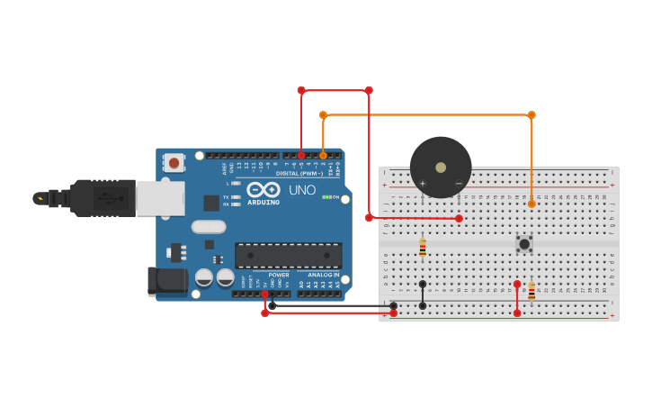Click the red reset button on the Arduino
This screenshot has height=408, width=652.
coord(174,163)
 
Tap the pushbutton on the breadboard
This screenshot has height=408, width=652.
coord(523,243)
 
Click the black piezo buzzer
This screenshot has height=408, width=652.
coord(441,167)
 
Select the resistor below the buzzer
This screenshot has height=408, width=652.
coord(423,248)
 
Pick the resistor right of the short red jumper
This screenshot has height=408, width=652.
coord(531,291)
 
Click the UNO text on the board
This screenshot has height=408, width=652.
coord(302,190)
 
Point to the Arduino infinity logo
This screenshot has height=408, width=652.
coord(263,190)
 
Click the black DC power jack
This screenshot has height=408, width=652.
coord(167,280)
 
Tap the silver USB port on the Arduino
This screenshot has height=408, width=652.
coord(160,198)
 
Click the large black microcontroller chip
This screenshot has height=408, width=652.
coord(288,255)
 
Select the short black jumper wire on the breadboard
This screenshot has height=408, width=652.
coord(423,295)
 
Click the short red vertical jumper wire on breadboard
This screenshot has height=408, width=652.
coord(517,298)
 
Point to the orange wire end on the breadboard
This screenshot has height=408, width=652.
coord(531,204)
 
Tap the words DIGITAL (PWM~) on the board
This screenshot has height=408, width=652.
coord(299,173)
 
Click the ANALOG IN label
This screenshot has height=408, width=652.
coord(323,275)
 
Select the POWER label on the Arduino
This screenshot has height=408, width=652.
coord(279,275)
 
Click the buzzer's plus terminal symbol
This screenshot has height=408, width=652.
coord(422,184)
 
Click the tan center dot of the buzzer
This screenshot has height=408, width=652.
coord(441,167)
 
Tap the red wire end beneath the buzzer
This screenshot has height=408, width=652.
coord(459,219)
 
